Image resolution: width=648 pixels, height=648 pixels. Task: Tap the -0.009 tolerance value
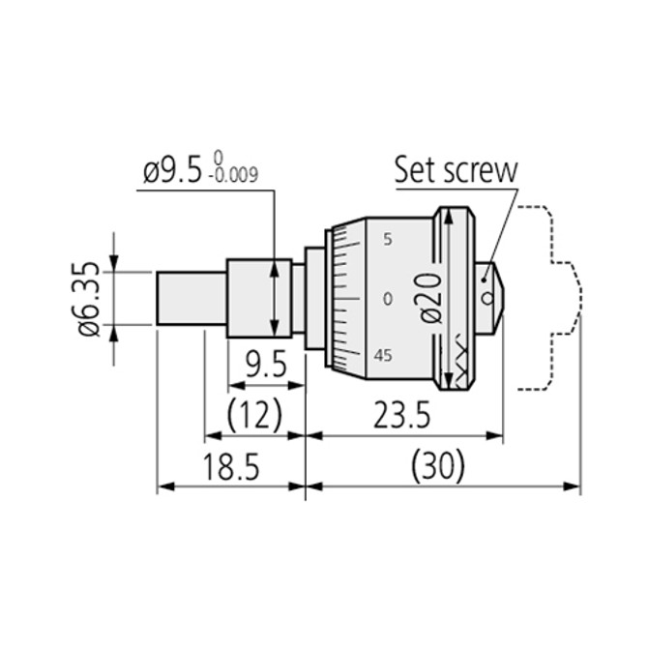click(234, 178)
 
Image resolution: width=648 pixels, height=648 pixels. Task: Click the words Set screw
click(455, 170)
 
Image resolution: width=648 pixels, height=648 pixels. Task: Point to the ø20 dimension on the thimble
click(432, 298)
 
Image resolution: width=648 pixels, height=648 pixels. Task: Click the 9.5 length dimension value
click(265, 365)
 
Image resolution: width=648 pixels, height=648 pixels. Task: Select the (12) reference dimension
click(253, 416)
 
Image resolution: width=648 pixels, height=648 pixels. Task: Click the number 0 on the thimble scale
click(387, 299)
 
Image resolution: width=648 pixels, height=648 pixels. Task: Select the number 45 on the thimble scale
click(384, 356)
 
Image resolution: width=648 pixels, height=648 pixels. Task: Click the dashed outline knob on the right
click(551, 298)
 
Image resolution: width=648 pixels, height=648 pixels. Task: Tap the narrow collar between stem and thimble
click(314, 298)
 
